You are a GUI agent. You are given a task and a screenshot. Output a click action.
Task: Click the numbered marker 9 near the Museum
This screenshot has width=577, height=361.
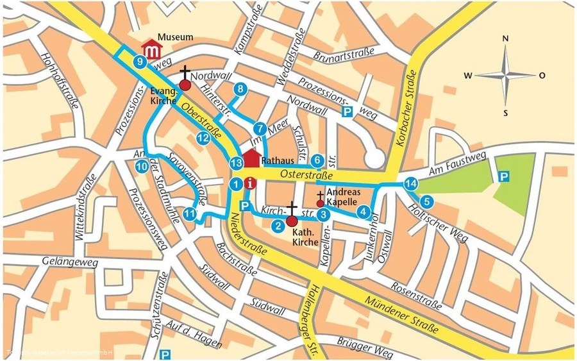pyautogui.click(x=140, y=62)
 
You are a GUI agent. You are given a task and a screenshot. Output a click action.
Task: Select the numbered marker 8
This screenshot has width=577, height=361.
pyautogui.click(x=240, y=89)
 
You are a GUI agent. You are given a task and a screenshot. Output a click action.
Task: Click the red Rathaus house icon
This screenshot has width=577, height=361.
pyautogui.click(x=251, y=159)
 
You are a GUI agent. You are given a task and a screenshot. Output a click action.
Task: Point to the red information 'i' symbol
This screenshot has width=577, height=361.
pyautogui.click(x=251, y=183)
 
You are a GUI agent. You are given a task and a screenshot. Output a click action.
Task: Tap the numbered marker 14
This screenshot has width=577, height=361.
pyautogui.click(x=411, y=185)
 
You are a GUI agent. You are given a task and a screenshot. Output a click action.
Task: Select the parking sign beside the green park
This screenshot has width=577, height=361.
pyautogui.click(x=505, y=176)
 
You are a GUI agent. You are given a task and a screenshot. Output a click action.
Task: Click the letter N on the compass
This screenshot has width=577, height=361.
pyautogui.click(x=505, y=38)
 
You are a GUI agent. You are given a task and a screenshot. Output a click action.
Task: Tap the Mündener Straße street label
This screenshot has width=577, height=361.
pyautogui.click(x=401, y=314)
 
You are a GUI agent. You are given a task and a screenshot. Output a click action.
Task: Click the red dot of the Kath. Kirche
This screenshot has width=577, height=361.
pyautogui.click(x=292, y=221)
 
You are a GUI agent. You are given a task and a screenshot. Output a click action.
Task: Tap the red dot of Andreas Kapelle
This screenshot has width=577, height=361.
pyautogui.click(x=320, y=203)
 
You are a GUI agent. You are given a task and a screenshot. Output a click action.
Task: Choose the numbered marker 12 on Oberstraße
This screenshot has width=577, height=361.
pyautogui.click(x=203, y=137)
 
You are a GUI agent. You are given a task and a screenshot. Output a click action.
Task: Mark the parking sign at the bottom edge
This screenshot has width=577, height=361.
pyautogui.click(x=165, y=353)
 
